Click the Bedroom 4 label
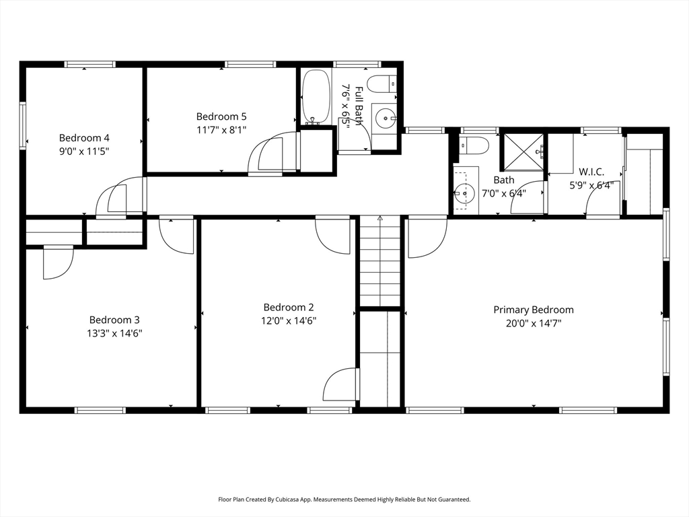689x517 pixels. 84,138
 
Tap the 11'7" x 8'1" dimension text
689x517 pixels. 221,130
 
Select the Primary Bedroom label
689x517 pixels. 534,310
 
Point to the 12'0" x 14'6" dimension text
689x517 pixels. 289,321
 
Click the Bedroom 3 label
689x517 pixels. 114,320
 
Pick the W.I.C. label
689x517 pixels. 591,172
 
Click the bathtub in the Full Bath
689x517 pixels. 316,96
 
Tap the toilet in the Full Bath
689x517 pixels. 382,83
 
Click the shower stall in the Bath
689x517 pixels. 523,151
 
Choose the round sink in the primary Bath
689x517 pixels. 464,193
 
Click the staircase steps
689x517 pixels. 380,262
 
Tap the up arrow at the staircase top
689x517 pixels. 380,217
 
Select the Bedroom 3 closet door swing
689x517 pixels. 59,263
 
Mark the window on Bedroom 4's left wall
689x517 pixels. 22,126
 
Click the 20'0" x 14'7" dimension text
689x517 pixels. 534,324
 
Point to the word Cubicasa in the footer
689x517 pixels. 289,499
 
